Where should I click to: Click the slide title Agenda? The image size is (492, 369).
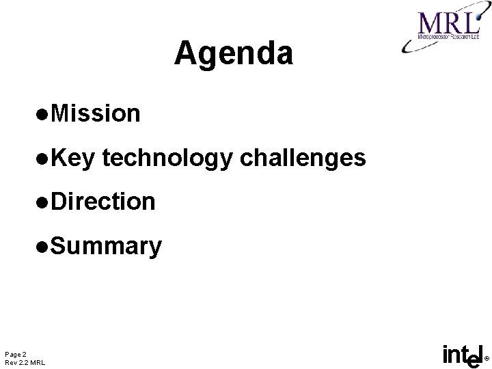pos(234,54)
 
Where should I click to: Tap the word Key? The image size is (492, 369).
pos(75,158)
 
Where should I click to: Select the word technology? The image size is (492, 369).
pos(169,159)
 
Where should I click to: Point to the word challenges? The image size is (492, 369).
pos(303,159)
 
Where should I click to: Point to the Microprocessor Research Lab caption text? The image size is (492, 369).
pos(448,42)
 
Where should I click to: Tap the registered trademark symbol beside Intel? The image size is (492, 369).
pos(486,358)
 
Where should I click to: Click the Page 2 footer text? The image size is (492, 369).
pos(16,353)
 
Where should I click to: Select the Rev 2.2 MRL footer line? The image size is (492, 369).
pos(25,362)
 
